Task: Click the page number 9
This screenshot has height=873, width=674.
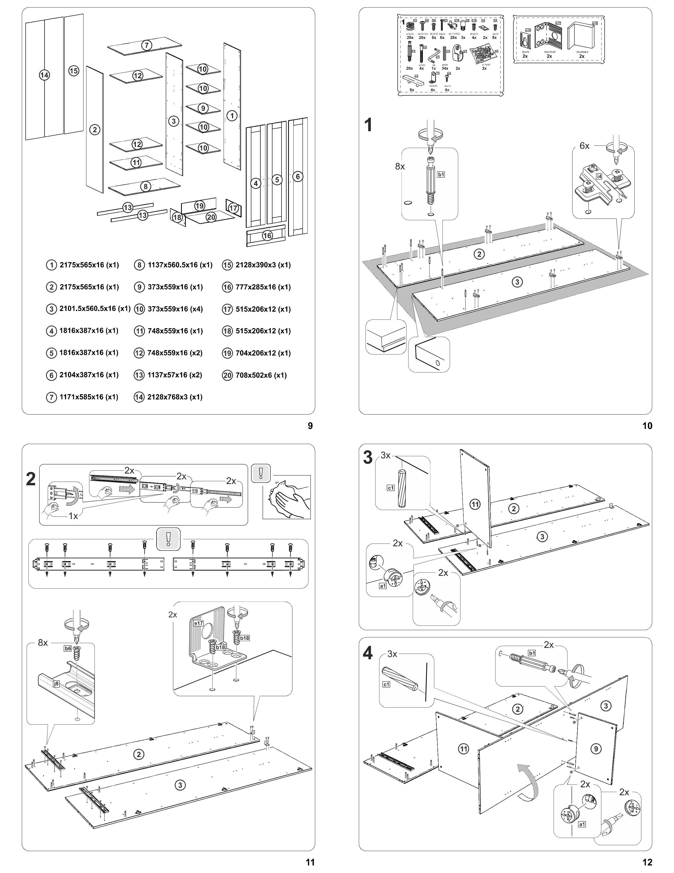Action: click(x=310, y=426)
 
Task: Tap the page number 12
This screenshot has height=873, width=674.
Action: click(x=647, y=862)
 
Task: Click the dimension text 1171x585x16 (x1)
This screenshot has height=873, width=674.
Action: click(x=89, y=397)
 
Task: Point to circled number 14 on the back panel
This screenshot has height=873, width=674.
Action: click(x=44, y=75)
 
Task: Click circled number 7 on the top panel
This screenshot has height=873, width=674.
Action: click(x=146, y=45)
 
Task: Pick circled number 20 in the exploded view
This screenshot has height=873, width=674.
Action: click(x=211, y=217)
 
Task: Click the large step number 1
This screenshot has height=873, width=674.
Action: click(x=368, y=125)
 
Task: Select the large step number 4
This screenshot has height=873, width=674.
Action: click(x=368, y=653)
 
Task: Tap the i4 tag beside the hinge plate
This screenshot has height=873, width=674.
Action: click(x=599, y=176)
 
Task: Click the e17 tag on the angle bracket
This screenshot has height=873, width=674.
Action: click(x=198, y=623)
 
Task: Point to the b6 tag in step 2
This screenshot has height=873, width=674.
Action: click(x=67, y=648)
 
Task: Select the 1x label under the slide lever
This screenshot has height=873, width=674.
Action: click(x=73, y=516)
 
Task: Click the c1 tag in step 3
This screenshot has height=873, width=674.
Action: click(x=390, y=488)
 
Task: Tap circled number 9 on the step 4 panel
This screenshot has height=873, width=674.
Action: click(x=595, y=749)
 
